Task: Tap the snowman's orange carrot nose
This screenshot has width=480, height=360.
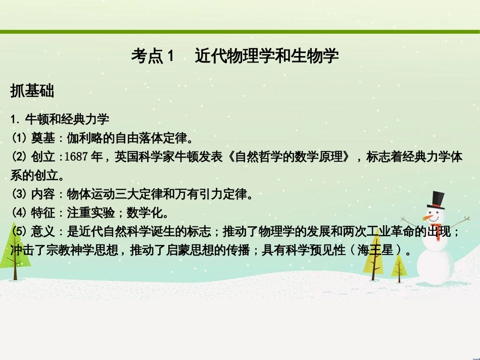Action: click(429, 218)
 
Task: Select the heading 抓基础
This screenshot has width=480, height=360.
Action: click(32, 91)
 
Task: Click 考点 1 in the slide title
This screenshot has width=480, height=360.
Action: click(152, 56)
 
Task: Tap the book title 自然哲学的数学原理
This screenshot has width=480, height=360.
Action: click(288, 157)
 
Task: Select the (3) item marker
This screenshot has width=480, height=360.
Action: click(19, 194)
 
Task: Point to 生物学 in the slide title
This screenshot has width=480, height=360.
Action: click(317, 56)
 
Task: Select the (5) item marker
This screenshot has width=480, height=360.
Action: click(19, 232)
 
